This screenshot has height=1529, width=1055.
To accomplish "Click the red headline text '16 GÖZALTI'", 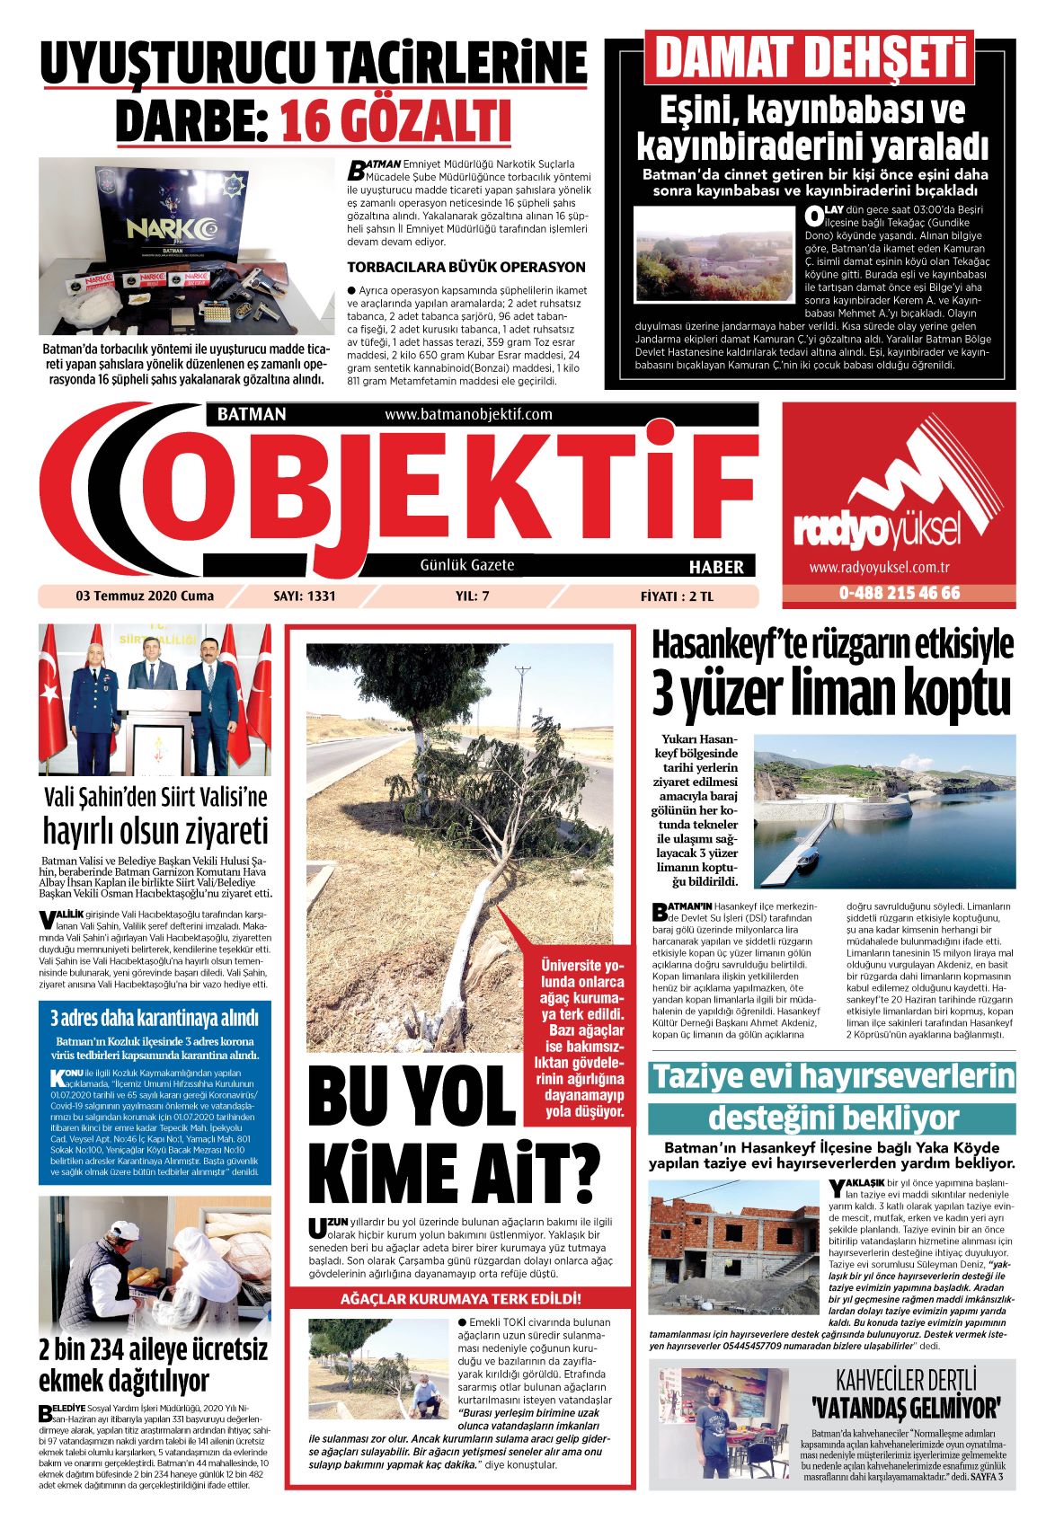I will tap(395, 122).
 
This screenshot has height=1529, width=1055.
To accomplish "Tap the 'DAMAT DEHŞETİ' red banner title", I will tap(809, 58).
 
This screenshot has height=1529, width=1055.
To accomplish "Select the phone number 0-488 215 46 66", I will tap(899, 593).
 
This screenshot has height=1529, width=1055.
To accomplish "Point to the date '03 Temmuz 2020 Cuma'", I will tap(132, 596).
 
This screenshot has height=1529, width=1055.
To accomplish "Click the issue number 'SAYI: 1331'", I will tap(304, 596).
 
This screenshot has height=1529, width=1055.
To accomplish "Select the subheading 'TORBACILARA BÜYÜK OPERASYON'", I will tap(465, 267).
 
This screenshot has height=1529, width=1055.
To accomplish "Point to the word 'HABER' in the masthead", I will tap(716, 566).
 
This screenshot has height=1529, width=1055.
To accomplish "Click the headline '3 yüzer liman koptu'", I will tap(831, 692).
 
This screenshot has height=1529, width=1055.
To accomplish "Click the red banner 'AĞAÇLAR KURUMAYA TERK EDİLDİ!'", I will tap(460, 1299).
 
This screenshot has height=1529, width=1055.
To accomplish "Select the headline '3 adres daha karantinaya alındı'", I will tap(154, 1018).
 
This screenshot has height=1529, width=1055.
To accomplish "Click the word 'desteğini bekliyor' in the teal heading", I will tap(833, 1118).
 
